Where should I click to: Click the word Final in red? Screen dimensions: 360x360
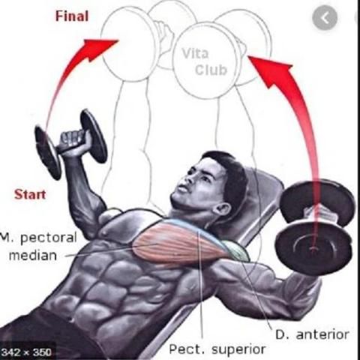click(x=72, y=16)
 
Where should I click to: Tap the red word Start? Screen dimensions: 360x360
click(x=30, y=194)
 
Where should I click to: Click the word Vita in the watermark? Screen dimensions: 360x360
click(x=195, y=53)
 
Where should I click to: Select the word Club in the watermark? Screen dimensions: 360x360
click(x=211, y=70)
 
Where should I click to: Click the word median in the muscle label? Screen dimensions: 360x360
click(x=33, y=256)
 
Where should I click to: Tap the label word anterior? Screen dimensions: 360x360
click(x=322, y=334)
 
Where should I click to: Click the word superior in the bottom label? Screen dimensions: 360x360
click(x=238, y=349)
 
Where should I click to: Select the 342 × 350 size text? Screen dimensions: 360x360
click(x=26, y=352)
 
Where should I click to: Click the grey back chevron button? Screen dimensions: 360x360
click(x=325, y=18)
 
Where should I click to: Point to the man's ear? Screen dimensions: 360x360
click(x=221, y=211)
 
